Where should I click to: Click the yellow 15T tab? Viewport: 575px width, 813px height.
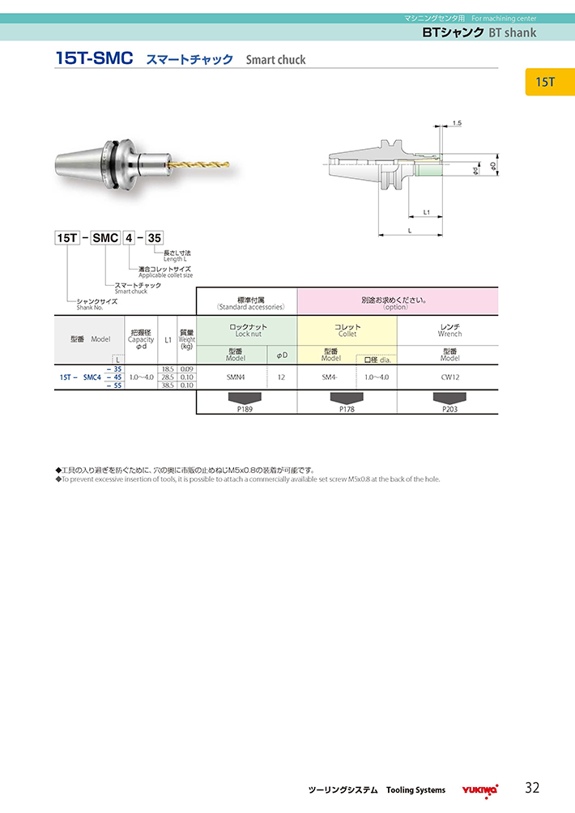pyautogui.click(x=550, y=82)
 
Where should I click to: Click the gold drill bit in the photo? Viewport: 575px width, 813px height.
pyautogui.click(x=198, y=164)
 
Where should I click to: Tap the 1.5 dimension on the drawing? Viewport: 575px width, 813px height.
pyautogui.click(x=457, y=123)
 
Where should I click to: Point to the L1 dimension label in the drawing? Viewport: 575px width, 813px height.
pyautogui.click(x=426, y=211)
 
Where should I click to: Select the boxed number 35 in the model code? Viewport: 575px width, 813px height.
pyautogui.click(x=155, y=238)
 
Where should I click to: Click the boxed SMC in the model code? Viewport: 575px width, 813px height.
pyautogui.click(x=105, y=238)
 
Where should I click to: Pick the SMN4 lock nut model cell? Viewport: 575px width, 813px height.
pyautogui.click(x=236, y=377)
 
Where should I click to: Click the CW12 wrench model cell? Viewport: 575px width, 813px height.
pyautogui.click(x=449, y=377)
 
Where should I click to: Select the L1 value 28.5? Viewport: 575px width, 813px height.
pyautogui.click(x=168, y=377)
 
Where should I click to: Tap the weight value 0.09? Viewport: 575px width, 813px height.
pyautogui.click(x=186, y=369)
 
